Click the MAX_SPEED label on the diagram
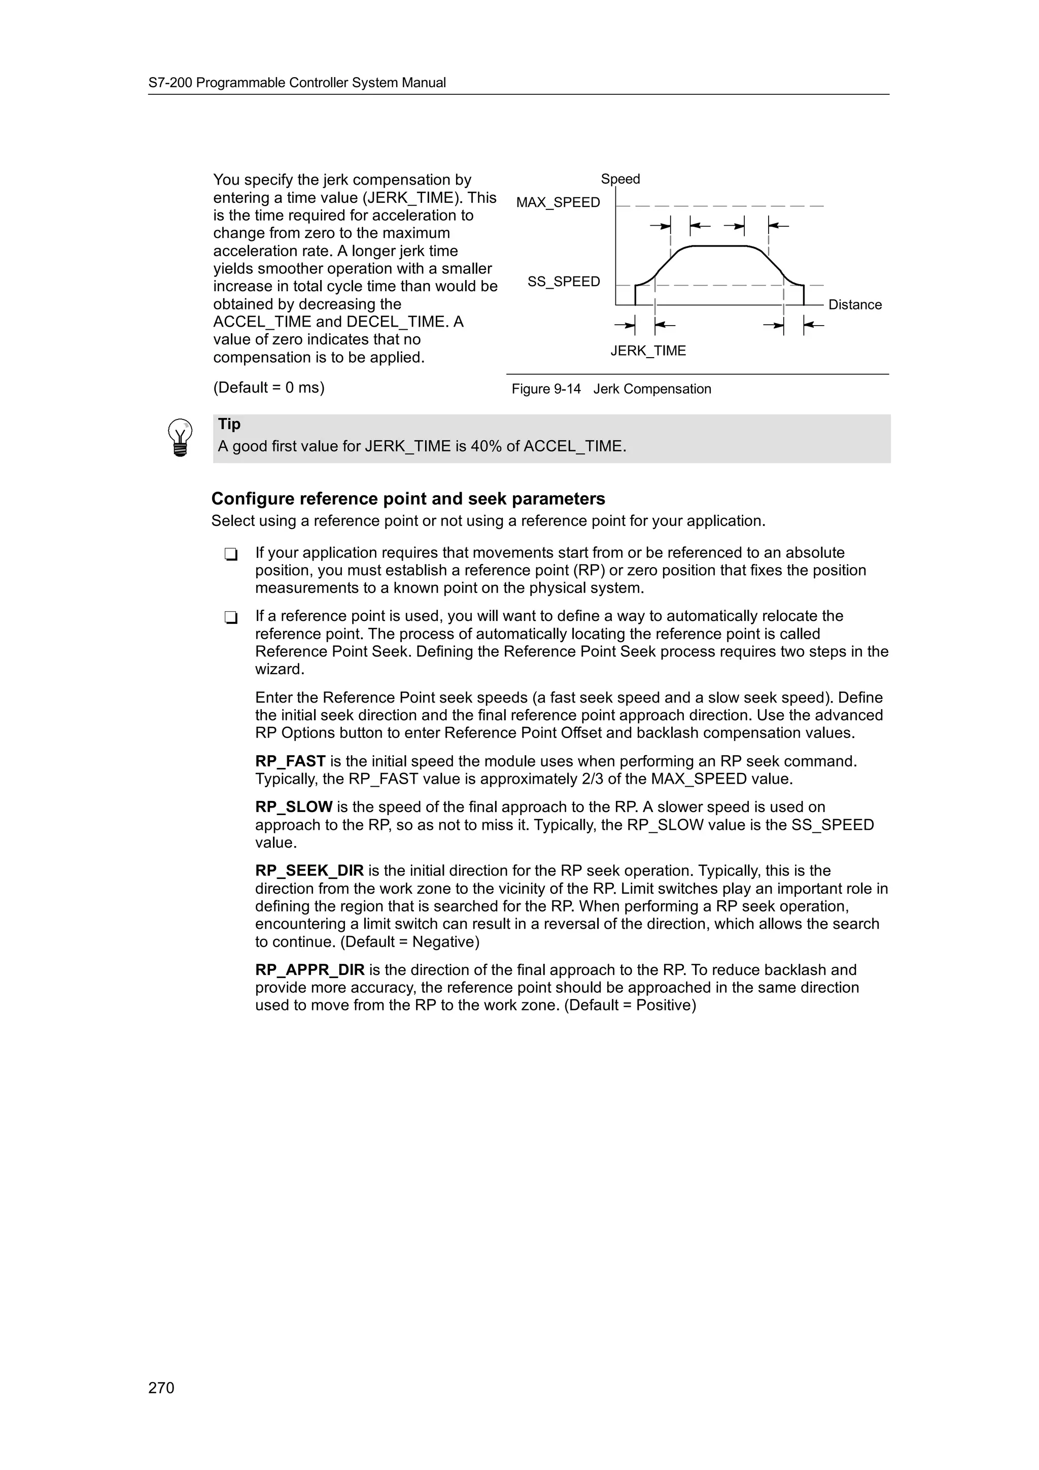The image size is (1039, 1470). pos(558,202)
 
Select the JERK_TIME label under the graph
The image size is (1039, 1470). pos(647,351)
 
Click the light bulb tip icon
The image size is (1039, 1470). pos(180,438)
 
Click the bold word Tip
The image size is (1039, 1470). pos(229,424)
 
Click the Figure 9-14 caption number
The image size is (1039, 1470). pos(545,389)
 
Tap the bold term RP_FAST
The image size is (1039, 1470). pos(290,761)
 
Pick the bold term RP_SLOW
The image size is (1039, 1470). pos(293,808)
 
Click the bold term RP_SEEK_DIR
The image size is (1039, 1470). pos(309,871)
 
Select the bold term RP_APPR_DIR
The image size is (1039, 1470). pos(309,970)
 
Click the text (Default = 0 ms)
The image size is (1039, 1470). pos(269,388)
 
